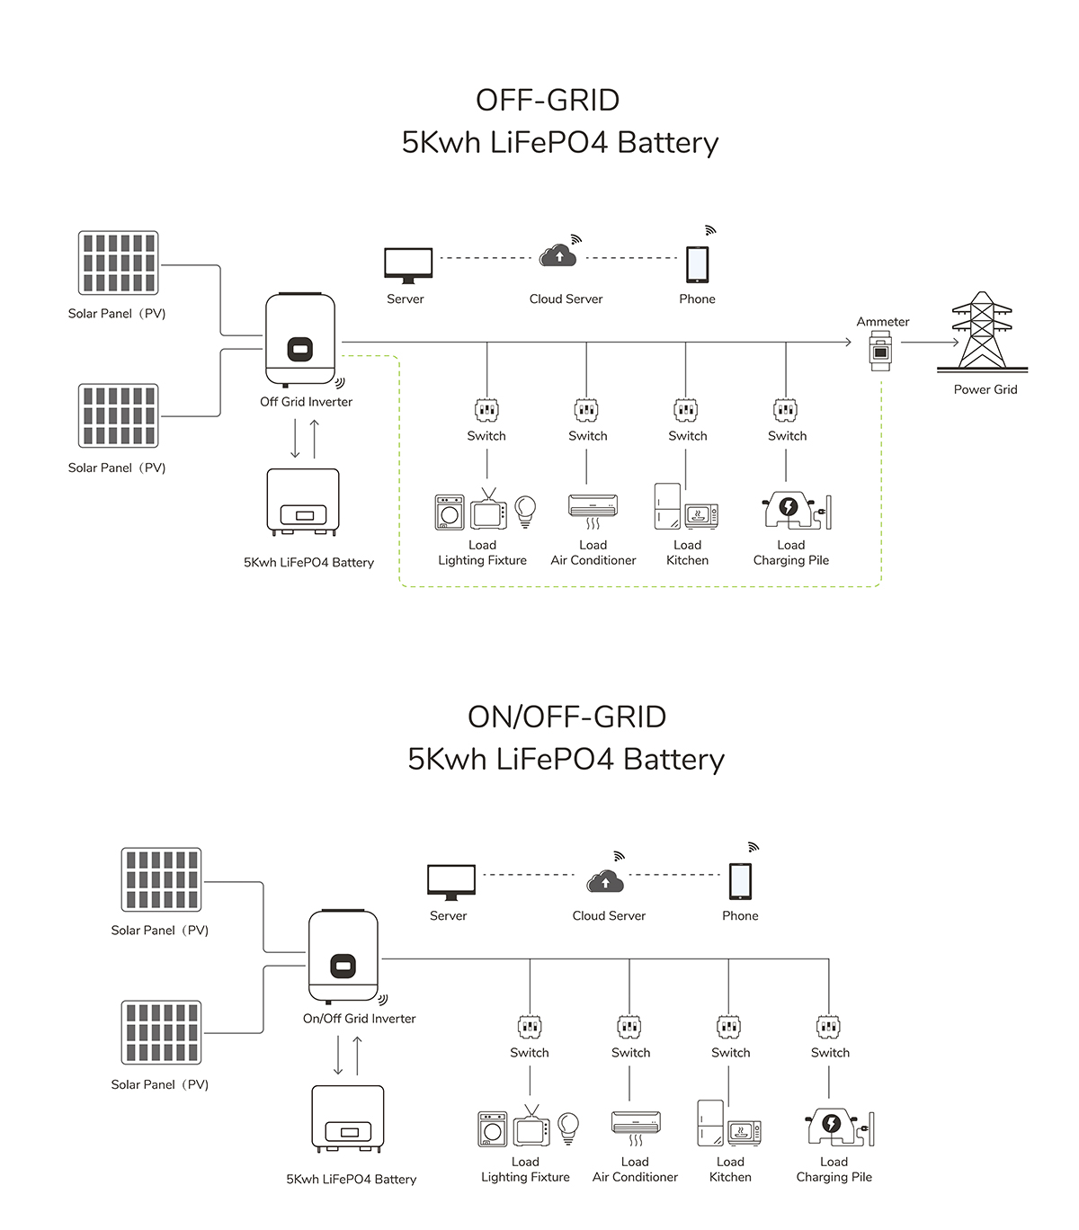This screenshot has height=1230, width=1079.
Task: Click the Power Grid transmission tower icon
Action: coord(982,331)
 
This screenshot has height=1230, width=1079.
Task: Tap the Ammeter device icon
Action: coord(880,351)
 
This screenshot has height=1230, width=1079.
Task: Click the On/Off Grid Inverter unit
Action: coord(343,956)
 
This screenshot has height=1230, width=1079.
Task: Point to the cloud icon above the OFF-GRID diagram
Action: coord(558,256)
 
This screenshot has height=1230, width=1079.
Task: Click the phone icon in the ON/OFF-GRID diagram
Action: coord(740,881)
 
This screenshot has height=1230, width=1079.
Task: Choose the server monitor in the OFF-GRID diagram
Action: coord(408,265)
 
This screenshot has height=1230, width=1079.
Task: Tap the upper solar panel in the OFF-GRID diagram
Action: coord(119,263)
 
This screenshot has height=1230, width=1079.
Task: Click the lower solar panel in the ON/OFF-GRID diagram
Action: coord(162,1032)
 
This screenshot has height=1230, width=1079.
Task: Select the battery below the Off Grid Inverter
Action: coord(303,501)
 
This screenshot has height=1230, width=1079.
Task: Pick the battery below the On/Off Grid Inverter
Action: coord(348,1118)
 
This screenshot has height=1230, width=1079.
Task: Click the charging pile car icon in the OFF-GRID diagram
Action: coord(789,510)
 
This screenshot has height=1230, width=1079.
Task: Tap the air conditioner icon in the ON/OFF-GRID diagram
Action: coord(636,1124)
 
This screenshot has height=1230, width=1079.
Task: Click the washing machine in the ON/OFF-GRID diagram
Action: coord(493,1129)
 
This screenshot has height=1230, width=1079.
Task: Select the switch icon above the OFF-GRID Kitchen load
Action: coord(686,411)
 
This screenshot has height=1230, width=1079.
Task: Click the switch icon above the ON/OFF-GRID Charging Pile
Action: coord(829,1027)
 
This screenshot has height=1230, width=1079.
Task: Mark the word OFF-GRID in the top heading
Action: coord(548,100)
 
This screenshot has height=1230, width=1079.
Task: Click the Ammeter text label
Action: coord(883,322)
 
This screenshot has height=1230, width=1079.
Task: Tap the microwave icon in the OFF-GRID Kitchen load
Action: coord(701,515)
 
